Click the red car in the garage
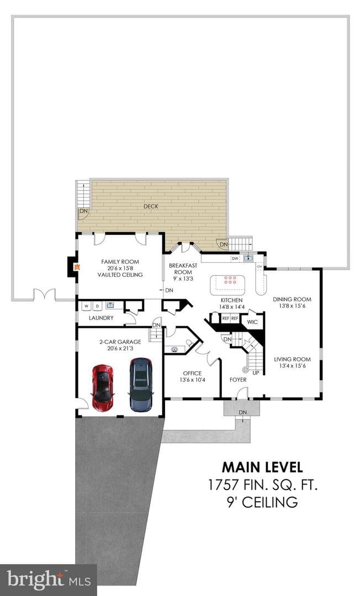click(x=103, y=387)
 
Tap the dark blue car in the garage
click(x=141, y=385)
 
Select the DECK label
click(x=151, y=206)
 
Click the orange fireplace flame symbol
click(x=77, y=267)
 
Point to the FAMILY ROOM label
click(x=120, y=262)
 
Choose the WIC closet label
click(x=252, y=322)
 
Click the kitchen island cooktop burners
click(x=230, y=280)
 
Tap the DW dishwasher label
click(x=235, y=258)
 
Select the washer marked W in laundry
click(x=87, y=306)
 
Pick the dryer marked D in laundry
click(x=97, y=306)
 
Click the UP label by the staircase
click(x=256, y=373)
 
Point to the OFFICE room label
click(x=192, y=373)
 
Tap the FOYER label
click(x=238, y=380)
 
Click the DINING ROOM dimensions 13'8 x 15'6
click(x=292, y=306)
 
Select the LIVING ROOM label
click(x=292, y=359)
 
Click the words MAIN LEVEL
click(x=262, y=467)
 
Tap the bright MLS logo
click(x=48, y=579)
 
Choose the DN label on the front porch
click(x=242, y=412)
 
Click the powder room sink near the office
click(x=175, y=349)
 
